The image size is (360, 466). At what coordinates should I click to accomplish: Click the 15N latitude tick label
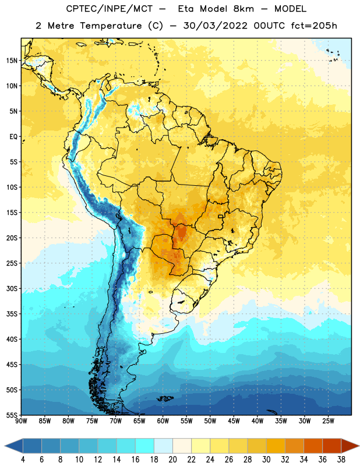pyautogui.click(x=12, y=61)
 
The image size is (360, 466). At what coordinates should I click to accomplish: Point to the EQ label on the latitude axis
pyautogui.click(x=13, y=137)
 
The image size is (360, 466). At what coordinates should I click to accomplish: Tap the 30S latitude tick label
pyautogui.click(x=12, y=288)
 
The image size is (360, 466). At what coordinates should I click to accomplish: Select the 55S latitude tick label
pyautogui.click(x=12, y=415)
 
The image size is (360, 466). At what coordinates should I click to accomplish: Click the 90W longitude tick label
pyautogui.click(x=21, y=421)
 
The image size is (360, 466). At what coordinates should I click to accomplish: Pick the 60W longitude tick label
pyautogui.click(x=163, y=421)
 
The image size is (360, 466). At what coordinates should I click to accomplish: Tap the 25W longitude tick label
pyautogui.click(x=328, y=421)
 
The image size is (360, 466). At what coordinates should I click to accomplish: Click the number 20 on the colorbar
pyautogui.click(x=172, y=460)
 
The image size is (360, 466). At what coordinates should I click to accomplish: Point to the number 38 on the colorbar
pyautogui.click(x=341, y=460)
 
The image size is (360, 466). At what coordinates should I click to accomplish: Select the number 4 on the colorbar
pyautogui.click(x=23, y=460)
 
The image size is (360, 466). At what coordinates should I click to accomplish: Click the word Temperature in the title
pyautogui.click(x=111, y=26)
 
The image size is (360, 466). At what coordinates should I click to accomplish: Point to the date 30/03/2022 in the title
pyautogui.click(x=216, y=26)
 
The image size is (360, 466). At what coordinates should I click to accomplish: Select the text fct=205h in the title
pyautogui.click(x=314, y=26)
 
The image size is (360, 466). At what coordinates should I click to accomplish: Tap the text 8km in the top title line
pyautogui.click(x=243, y=9)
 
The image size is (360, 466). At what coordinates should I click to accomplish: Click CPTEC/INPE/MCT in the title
pyautogui.click(x=110, y=9)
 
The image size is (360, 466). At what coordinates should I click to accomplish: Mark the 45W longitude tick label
pyautogui.click(x=234, y=421)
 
